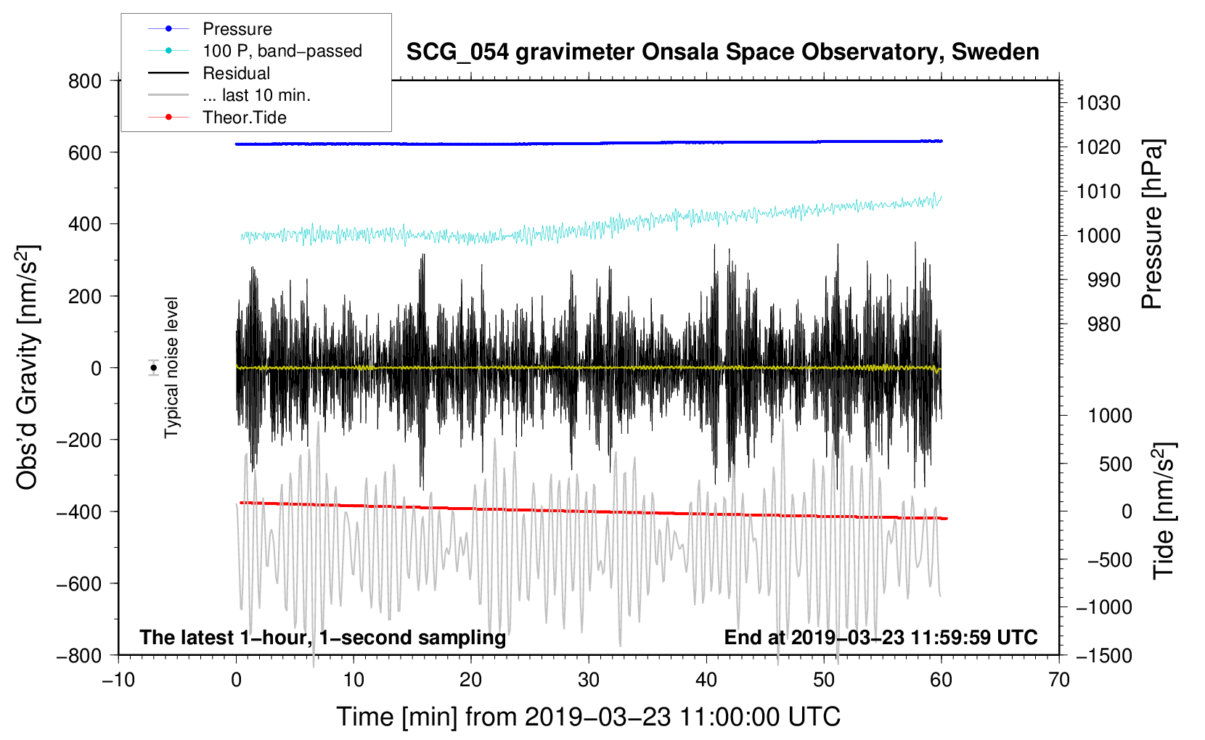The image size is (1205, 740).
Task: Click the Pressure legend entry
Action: click(x=210, y=28)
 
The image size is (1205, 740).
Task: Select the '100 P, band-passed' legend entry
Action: click(x=255, y=51)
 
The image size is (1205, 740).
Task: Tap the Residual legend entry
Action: click(x=209, y=73)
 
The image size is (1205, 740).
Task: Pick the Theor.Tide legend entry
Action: click(x=217, y=117)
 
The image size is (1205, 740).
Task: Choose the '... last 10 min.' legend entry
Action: click(x=229, y=94)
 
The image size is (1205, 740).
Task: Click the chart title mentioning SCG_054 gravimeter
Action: click(x=722, y=52)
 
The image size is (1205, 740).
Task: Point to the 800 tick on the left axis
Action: click(x=85, y=81)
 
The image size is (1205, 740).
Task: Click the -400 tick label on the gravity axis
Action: click(x=79, y=512)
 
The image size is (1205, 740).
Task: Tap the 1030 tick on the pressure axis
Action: click(x=1098, y=103)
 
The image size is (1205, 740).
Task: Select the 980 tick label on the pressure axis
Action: click(x=1103, y=324)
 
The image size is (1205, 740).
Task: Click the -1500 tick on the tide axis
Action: click(x=1104, y=656)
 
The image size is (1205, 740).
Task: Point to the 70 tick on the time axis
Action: click(x=1058, y=680)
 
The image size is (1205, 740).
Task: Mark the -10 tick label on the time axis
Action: click(x=118, y=680)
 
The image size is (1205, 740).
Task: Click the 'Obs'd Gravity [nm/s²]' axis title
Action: click(x=28, y=367)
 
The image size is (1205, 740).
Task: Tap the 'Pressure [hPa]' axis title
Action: click(x=1152, y=223)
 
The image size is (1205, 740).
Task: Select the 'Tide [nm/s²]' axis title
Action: click(x=1164, y=511)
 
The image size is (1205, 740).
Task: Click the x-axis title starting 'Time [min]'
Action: click(x=588, y=717)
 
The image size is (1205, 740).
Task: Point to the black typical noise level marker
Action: click(x=154, y=368)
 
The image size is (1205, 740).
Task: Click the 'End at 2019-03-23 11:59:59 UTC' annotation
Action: click(x=881, y=637)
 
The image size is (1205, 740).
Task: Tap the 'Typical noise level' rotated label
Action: click(x=171, y=367)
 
